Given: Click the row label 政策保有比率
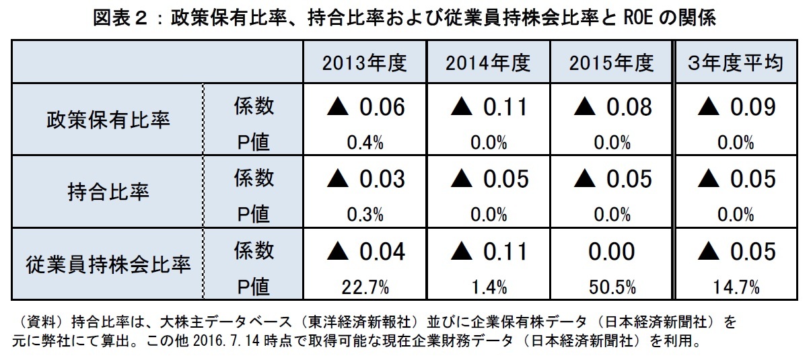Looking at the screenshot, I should (x=108, y=120).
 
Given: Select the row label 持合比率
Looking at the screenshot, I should (x=108, y=192).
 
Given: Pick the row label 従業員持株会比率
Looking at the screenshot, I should (x=108, y=264).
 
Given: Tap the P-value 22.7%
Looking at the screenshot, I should (x=365, y=287).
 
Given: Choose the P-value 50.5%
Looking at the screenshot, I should (x=611, y=287).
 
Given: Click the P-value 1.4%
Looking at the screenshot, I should (x=488, y=287).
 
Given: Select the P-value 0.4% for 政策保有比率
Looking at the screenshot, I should (x=365, y=143).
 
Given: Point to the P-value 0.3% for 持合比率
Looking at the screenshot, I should (x=365, y=215).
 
